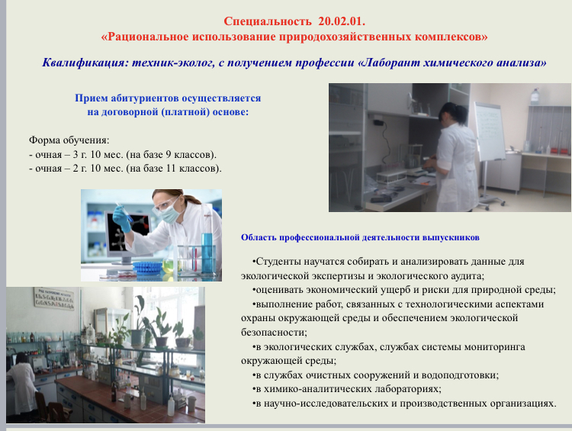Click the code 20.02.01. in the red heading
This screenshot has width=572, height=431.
point(342,21)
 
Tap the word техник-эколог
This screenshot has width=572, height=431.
point(173,63)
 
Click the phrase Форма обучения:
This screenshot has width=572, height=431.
point(69,140)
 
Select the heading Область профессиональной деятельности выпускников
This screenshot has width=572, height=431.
point(360,237)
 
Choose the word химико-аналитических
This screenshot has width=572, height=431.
point(315,389)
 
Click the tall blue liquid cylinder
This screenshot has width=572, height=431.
point(207,251)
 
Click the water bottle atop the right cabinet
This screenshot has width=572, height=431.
point(535,96)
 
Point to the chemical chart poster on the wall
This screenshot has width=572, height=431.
point(55,298)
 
